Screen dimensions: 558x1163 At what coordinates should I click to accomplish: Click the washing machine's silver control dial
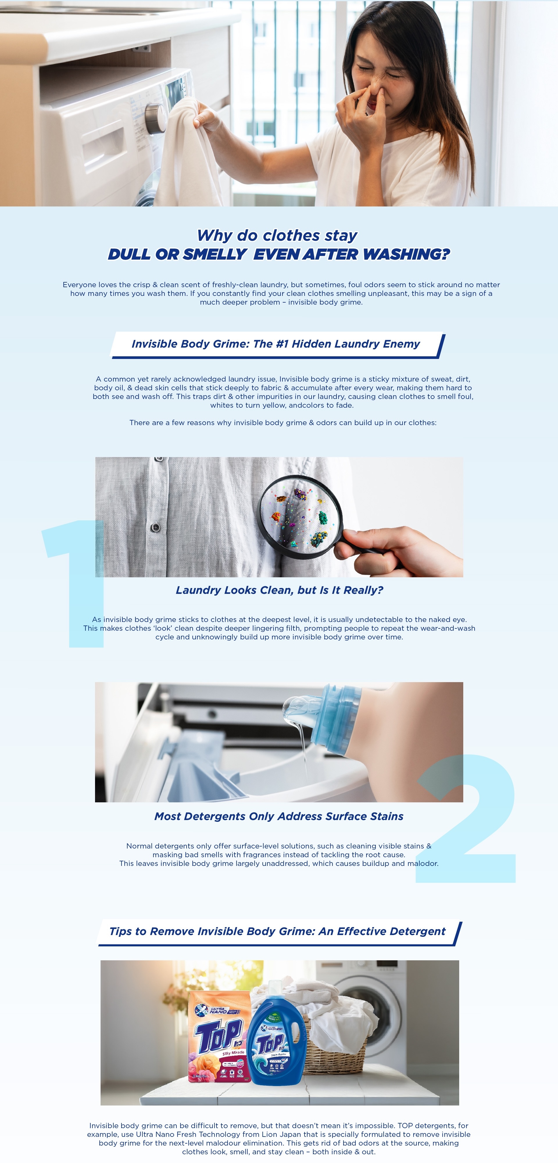155,118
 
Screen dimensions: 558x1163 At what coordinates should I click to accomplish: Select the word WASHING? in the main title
406,254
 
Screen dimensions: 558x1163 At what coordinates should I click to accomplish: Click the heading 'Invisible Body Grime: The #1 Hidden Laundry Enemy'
276,344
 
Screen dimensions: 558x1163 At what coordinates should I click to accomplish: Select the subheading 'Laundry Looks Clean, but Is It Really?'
279,590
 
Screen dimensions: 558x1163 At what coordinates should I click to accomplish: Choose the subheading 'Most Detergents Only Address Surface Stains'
279,816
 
